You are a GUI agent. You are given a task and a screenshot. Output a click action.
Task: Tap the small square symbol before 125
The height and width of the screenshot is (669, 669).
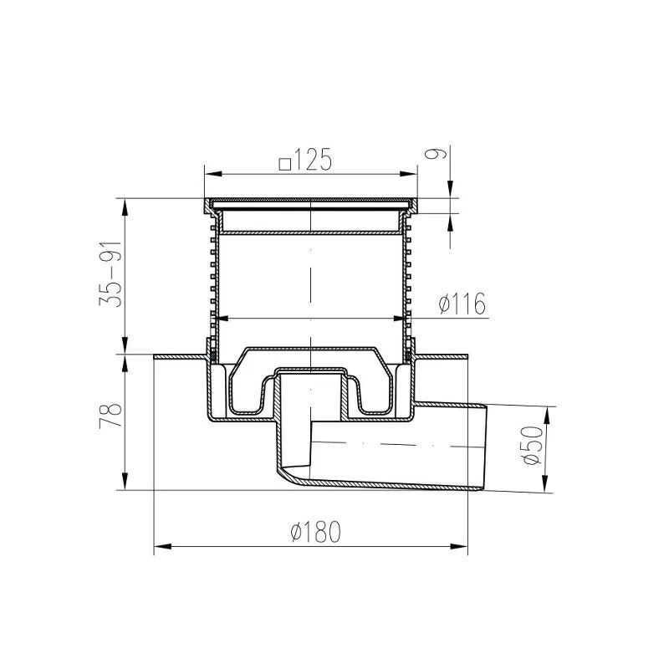[284, 164]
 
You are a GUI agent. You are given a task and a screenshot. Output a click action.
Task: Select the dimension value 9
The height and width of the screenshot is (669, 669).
[436, 152]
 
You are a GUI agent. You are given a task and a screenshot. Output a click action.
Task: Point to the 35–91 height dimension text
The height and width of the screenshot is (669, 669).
[110, 274]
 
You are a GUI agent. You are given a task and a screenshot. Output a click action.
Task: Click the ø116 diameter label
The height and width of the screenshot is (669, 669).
[462, 304]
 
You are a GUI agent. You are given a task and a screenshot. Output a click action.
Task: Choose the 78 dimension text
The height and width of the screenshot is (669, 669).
[110, 415]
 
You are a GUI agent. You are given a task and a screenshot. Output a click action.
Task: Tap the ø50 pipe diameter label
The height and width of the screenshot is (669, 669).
[532, 445]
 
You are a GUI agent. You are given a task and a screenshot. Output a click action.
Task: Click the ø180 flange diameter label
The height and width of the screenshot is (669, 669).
[316, 532]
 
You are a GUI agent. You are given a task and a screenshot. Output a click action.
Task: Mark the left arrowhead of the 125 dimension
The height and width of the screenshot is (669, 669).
[213, 174]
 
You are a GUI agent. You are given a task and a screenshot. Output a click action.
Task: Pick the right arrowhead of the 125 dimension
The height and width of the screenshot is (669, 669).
[408, 174]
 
